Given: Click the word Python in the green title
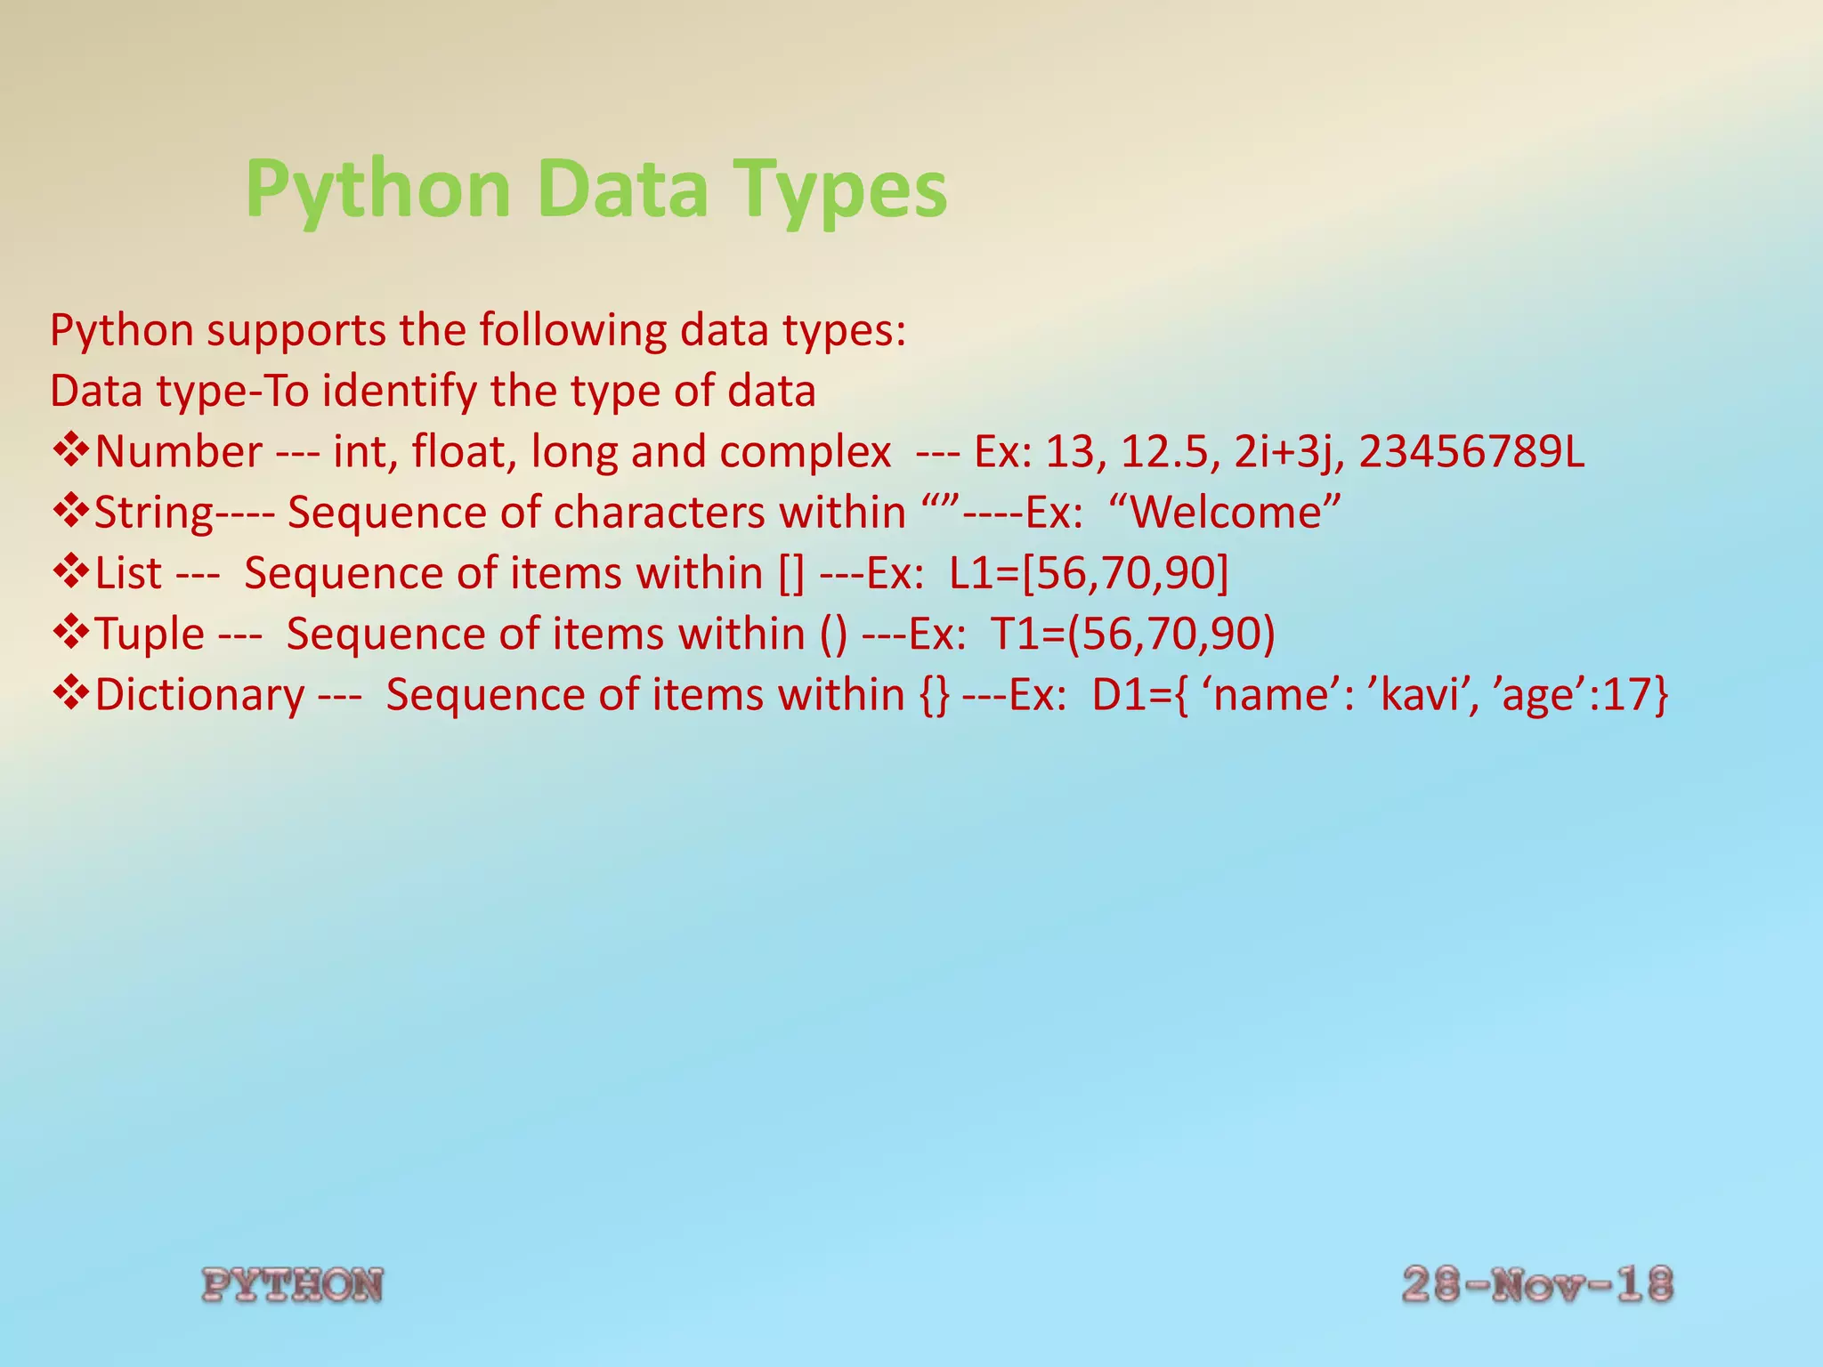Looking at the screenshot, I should point(377,190).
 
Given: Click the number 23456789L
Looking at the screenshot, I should point(1471,452).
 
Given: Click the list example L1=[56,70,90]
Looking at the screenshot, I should point(1089,573).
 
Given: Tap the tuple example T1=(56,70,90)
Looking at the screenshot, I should point(1133,634).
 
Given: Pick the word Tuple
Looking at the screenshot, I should point(150,634).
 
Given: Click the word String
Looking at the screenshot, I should point(153,514).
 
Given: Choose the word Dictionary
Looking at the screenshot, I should point(199,694).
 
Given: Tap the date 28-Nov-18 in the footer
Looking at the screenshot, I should point(1537,1285).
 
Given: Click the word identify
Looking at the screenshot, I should point(398,392).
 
